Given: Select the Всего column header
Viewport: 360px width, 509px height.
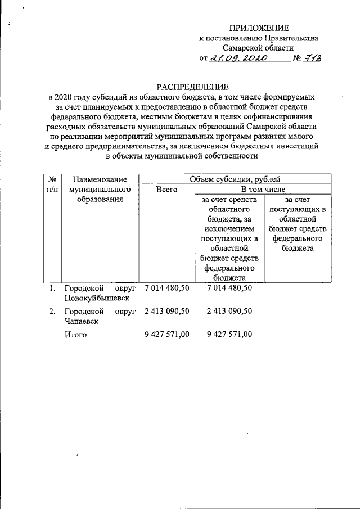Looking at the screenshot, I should point(166,190).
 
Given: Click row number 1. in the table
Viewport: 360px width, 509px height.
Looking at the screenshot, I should point(52,289).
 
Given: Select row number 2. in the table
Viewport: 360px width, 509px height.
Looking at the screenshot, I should point(52,311).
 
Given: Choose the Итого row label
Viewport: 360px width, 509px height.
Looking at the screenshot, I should point(75,335).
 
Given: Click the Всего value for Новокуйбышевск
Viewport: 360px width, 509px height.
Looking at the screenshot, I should point(167,288).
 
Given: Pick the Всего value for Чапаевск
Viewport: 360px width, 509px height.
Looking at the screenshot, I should point(167,311).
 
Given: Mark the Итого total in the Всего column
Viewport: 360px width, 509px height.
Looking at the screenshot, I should point(167,334).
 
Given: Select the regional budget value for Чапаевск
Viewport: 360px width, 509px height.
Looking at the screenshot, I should point(229,311).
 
